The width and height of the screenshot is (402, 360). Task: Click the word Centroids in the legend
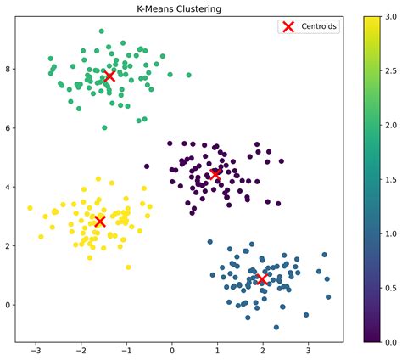pos(320,26)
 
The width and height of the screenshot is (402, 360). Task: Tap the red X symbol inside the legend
pos(288,26)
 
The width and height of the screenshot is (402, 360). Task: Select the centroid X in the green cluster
pos(109,76)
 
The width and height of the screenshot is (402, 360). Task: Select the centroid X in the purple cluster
pos(215,174)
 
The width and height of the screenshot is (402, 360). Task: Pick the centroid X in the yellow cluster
pos(100,221)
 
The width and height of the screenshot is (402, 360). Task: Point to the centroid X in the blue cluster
pos(262,279)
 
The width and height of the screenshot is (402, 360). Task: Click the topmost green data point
pos(102,31)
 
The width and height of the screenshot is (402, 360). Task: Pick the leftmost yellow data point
pos(30,207)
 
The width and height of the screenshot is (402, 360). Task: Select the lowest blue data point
pos(276,327)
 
